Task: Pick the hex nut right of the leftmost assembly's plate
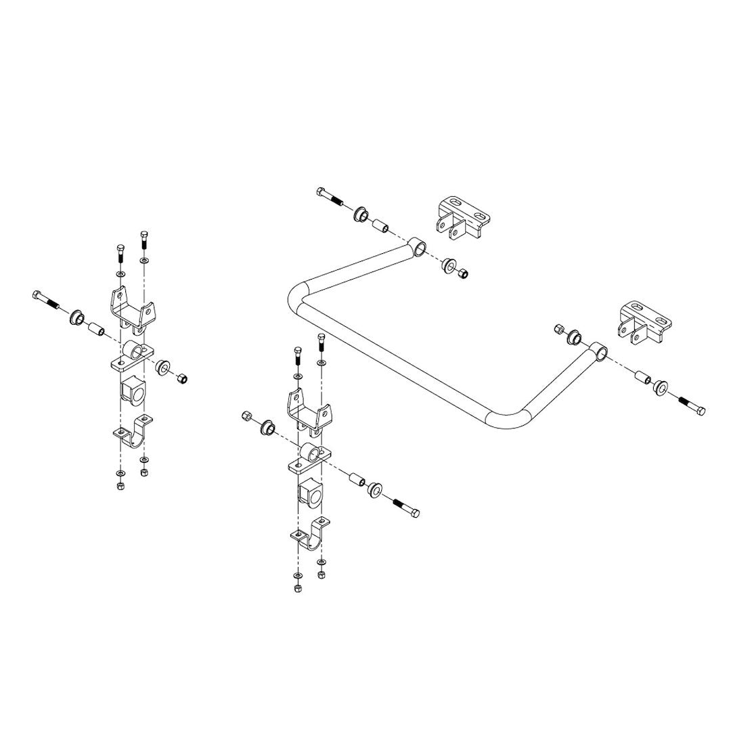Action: click(x=181, y=377)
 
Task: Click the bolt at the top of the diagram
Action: click(x=329, y=197)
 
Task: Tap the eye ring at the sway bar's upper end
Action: click(x=420, y=248)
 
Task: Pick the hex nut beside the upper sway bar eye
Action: click(x=463, y=274)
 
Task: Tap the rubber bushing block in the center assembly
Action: click(x=311, y=493)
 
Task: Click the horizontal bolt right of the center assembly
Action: click(x=404, y=507)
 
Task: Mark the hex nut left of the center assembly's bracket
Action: click(x=246, y=416)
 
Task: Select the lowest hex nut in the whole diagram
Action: click(x=298, y=588)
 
